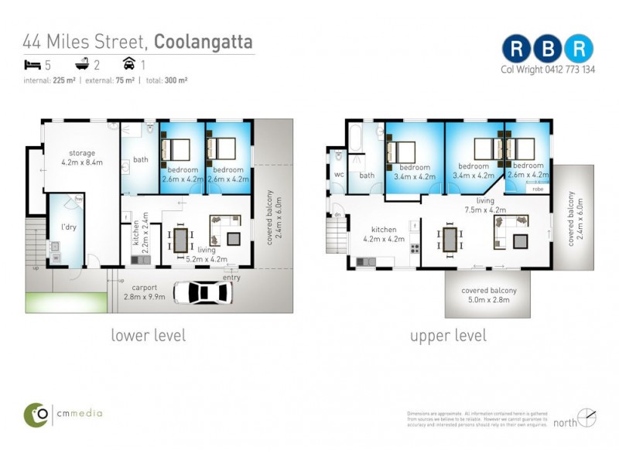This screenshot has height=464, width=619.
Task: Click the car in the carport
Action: (203, 292)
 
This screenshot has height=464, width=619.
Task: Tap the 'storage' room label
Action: (81, 153)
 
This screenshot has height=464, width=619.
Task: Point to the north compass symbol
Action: (587, 418)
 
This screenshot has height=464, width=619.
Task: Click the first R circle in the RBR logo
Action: (516, 49)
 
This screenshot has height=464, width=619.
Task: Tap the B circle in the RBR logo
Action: (547, 49)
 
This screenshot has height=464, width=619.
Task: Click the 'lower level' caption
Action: (148, 336)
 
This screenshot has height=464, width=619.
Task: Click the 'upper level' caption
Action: (448, 336)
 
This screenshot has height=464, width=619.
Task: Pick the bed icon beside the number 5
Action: (31, 65)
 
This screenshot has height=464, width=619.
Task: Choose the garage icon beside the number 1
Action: (128, 65)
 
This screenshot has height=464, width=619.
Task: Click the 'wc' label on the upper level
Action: (339, 175)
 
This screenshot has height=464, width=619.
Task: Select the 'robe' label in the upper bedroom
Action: (537, 188)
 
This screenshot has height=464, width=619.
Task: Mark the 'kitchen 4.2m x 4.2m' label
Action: (383, 234)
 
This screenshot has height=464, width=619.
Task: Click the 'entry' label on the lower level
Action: (231, 277)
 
